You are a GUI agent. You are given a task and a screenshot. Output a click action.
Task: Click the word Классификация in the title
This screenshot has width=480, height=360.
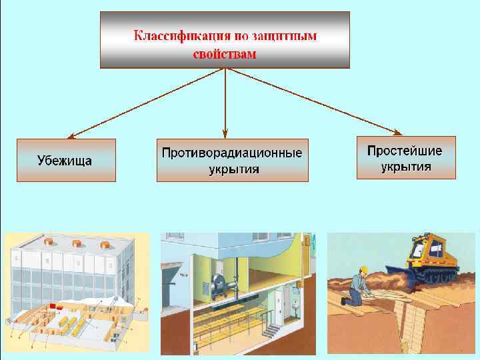[x=175, y=35]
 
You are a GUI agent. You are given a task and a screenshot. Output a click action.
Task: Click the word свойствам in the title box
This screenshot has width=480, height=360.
[x=224, y=54]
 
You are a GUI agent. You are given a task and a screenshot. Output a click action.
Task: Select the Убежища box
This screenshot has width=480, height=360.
[x=66, y=160]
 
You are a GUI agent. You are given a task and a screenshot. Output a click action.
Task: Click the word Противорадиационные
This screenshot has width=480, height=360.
[x=232, y=153]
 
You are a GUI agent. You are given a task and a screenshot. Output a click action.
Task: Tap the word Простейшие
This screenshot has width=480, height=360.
[x=405, y=149]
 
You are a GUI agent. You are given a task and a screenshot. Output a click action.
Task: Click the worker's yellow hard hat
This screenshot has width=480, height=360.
[x=363, y=269]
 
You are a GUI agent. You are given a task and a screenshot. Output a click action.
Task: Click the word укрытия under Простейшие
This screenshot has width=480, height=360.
[x=405, y=167]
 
